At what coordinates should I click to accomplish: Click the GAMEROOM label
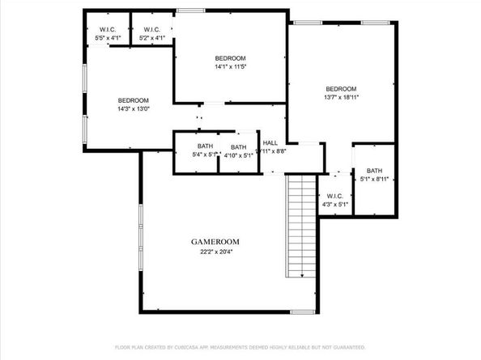click(215, 242)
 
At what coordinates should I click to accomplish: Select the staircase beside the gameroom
click(301, 227)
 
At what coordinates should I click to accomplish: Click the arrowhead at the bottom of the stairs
click(302, 276)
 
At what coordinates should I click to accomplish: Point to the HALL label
click(270, 142)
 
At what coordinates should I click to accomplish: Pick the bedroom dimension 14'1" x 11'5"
click(230, 67)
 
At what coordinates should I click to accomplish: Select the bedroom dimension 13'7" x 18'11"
click(341, 97)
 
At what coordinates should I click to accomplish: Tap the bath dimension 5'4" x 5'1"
click(204, 155)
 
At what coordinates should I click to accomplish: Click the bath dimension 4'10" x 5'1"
click(239, 155)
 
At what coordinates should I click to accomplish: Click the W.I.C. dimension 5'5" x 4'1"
click(108, 38)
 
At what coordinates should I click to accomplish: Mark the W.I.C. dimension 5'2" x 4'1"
click(151, 38)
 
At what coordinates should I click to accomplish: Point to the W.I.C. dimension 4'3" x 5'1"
click(335, 204)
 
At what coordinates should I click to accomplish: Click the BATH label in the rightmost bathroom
click(373, 171)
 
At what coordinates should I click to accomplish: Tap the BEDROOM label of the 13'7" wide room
click(341, 89)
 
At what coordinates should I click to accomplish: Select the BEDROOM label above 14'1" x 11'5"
click(230, 58)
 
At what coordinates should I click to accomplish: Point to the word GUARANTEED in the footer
click(343, 346)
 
